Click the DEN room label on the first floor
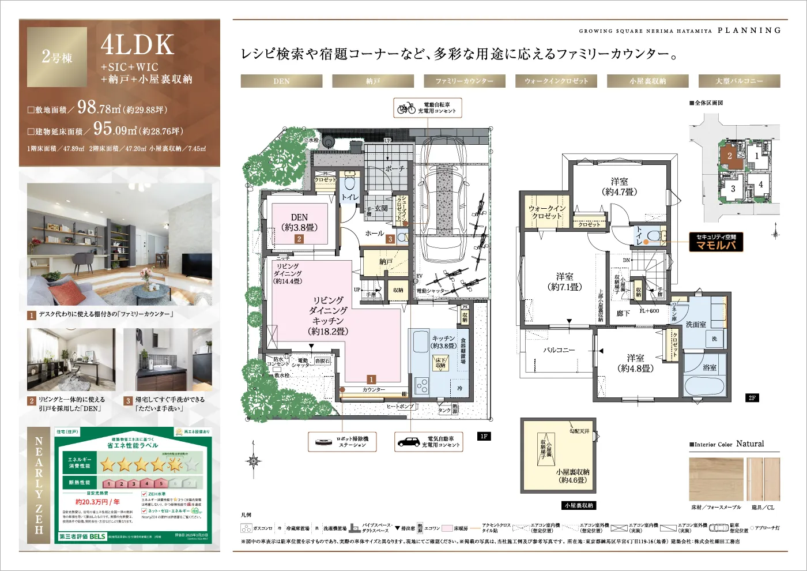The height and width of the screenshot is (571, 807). coord(299,222)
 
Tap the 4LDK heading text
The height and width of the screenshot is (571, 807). coord(137,45)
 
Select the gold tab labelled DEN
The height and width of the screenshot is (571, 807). coord(281,81)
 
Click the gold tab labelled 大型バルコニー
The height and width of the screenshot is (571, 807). coord(739,81)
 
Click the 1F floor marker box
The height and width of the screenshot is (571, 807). coord(484,437)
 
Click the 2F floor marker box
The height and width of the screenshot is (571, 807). coord(752,398)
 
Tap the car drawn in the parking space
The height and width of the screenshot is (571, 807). coord(442,190)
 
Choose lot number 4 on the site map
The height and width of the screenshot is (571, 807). coord(760,185)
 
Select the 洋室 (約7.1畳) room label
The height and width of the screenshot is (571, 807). coord(564,281)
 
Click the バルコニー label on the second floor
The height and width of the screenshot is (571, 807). coord(559,350)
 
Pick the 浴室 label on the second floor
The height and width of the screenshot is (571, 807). coord(710,367)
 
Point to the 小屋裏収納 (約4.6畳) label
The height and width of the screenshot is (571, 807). coord(572,476)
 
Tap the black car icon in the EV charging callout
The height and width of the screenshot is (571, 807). coord(409,442)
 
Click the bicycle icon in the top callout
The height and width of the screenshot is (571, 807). coord(406,108)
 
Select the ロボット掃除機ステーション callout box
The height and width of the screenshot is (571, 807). coord(338,442)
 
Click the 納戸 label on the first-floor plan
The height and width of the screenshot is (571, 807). coord(386,262)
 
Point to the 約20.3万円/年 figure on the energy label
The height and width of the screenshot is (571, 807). coord(97,502)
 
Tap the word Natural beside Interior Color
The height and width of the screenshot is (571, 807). coord(750,444)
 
